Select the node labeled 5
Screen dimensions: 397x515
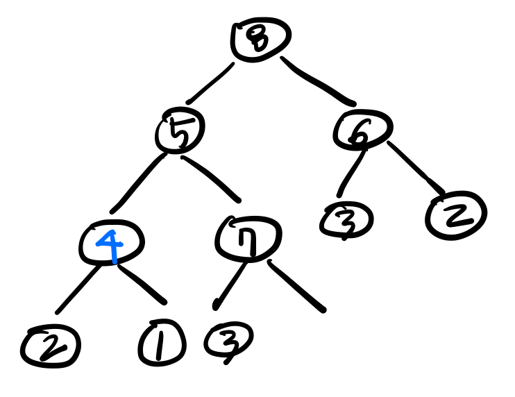pyautogui.click(x=180, y=132)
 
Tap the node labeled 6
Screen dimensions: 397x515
pyautogui.click(x=362, y=129)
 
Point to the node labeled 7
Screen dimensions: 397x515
pyautogui.click(x=248, y=238)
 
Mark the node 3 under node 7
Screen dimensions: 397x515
pyautogui.click(x=228, y=340)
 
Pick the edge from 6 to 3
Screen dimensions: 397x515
pyautogui.click(x=351, y=169)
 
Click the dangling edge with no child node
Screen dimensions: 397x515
pyautogui.click(x=296, y=285)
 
